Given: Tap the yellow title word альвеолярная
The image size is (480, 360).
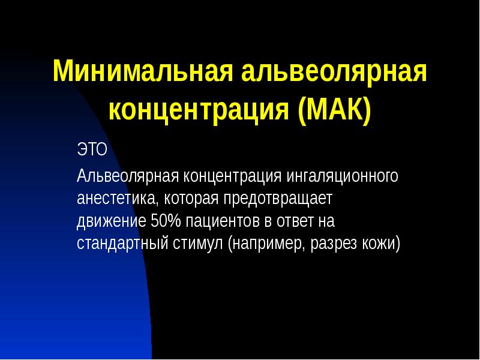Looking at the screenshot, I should coord(334,72).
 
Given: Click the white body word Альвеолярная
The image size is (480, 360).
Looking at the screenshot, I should coord(128,177).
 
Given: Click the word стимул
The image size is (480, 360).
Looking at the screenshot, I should coord(197,244).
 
